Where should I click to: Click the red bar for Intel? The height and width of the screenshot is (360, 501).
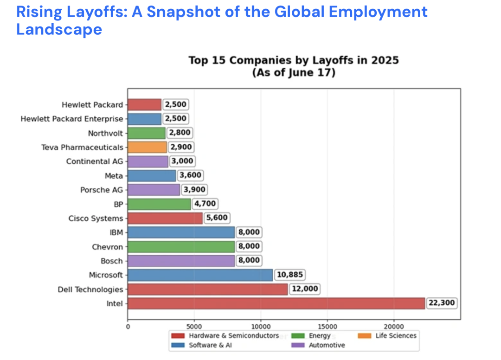(276, 303)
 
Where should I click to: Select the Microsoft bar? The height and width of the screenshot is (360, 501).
(200, 275)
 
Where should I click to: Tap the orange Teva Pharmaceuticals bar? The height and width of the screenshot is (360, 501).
(147, 148)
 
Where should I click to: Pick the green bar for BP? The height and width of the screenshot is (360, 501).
(159, 204)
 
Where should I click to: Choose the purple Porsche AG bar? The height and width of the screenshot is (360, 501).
(154, 190)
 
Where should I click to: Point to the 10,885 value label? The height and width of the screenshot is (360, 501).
(289, 275)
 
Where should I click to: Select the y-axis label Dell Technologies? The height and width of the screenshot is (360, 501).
(90, 289)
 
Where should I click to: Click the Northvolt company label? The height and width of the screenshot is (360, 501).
(105, 133)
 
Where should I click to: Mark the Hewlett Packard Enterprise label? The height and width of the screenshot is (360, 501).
(72, 119)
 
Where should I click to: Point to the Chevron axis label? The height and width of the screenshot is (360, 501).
(107, 247)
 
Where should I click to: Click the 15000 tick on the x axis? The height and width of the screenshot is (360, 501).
(328, 326)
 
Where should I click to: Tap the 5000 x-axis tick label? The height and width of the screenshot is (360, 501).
(194, 326)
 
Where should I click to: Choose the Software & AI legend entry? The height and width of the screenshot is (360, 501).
(209, 345)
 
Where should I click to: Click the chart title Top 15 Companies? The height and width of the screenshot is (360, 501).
(293, 60)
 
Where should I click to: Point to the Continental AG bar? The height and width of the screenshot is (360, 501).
(148, 161)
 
